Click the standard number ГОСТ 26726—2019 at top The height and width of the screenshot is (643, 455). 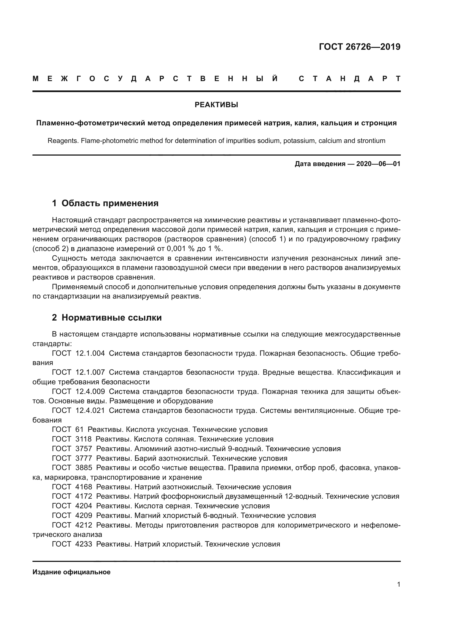point(360,47)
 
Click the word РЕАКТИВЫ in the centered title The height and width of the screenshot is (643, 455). point(216,105)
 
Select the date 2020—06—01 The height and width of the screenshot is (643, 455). point(378,164)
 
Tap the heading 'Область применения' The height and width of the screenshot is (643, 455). point(110,203)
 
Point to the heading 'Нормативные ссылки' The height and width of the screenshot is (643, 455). point(111,318)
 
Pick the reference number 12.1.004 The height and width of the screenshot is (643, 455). point(90,354)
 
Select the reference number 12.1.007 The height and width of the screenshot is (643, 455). point(90,372)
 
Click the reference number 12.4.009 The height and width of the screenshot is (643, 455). point(90,391)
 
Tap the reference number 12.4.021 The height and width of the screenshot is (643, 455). point(90,410)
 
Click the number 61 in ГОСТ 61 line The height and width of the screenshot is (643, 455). point(80,430)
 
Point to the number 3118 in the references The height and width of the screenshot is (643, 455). point(84,439)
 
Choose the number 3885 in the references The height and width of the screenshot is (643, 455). point(84,468)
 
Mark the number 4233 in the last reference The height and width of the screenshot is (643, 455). point(84,544)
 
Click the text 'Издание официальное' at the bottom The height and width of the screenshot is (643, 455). point(72,572)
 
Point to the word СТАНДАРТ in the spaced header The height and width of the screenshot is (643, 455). point(349,79)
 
